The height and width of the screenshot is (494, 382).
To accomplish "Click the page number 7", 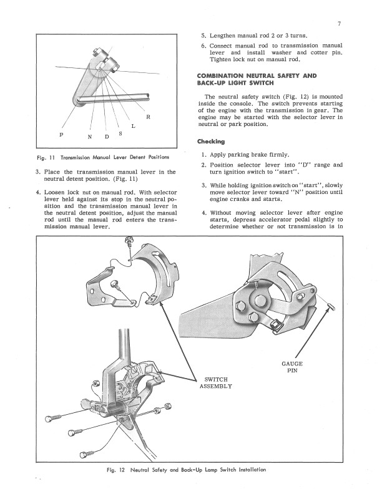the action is pos(339,24).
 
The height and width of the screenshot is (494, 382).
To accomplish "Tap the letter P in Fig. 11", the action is pos(61,135).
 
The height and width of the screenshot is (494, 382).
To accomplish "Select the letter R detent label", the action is pos(148,117).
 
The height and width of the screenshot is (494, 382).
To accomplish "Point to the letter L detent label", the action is pos(134,126).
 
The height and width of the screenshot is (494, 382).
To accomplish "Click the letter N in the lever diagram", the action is pos(90,137).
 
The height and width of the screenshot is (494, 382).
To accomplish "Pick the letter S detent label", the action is pos(120,133).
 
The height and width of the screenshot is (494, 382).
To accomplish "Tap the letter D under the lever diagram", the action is pos(107,137).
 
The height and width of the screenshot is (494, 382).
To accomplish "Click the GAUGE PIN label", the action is pos(292,367).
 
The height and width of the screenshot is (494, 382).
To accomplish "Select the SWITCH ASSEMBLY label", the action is pos(216,383).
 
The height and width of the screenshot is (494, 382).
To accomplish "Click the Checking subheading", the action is pos(211,142).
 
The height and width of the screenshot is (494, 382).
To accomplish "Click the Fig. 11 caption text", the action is pos(103,157).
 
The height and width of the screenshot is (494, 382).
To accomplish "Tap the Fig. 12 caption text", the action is pos(186,470).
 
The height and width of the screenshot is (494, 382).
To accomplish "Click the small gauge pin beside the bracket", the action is pos(331,305).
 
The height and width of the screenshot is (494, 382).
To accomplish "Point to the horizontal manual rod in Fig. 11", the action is pos(113,98).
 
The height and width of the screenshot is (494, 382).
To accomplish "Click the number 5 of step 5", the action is pos(203,36).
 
